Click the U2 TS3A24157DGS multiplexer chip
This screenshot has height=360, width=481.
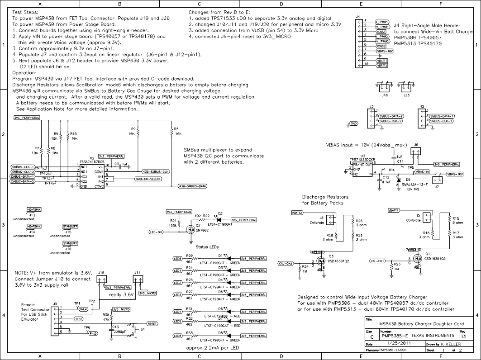point(92,176)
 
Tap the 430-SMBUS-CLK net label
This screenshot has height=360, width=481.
point(155,172)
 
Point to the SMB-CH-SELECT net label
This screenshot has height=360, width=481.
point(148,179)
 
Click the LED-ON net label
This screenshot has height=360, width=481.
point(156,232)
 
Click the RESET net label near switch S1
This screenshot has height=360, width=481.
point(152,324)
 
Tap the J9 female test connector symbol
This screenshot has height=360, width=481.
point(55,322)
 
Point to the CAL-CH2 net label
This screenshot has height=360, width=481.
point(286,263)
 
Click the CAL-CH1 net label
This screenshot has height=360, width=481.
point(378,261)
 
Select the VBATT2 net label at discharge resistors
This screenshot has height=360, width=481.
point(297,212)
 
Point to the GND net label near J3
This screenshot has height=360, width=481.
point(353,123)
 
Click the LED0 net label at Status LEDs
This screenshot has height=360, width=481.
point(177,259)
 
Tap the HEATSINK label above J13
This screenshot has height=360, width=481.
point(34,210)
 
